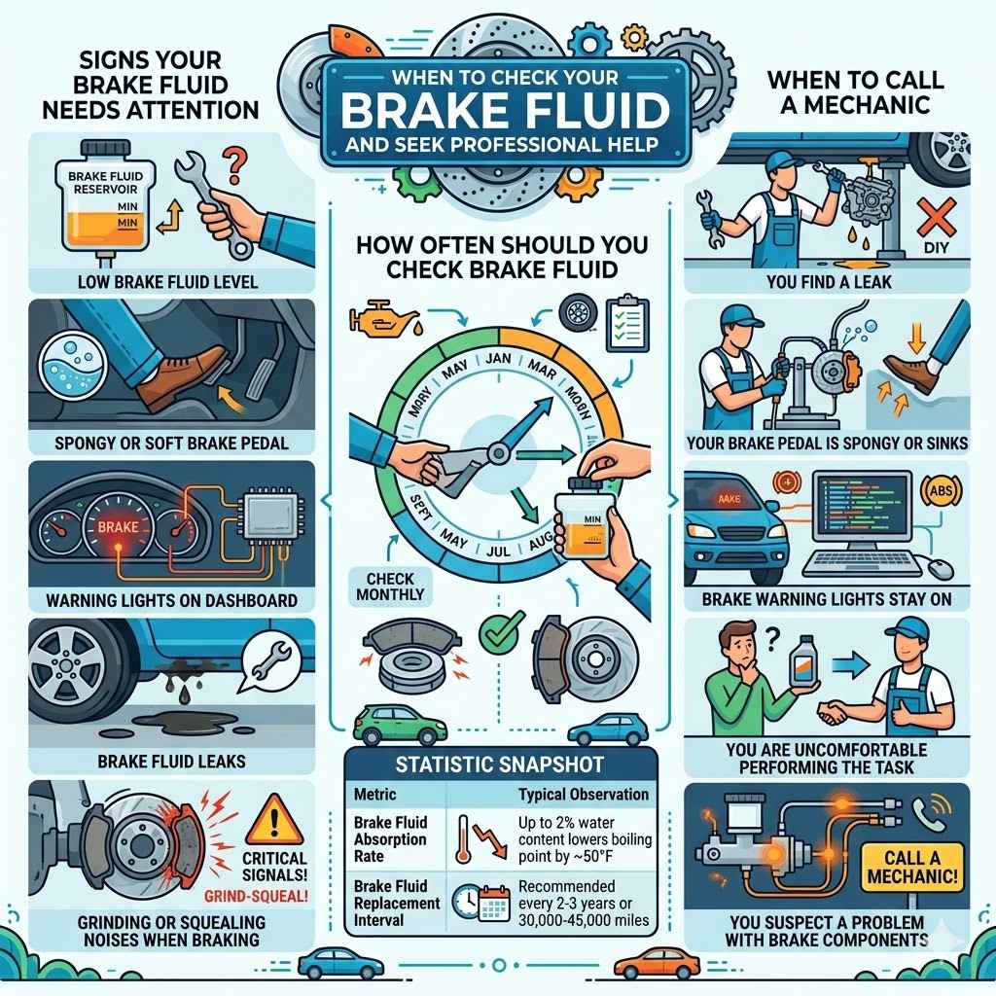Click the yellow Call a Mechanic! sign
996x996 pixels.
pyautogui.click(x=908, y=867)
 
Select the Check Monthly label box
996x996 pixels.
pyautogui.click(x=384, y=585)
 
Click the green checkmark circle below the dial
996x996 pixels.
pyautogui.click(x=495, y=634)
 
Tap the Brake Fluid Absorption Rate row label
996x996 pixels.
pyautogui.click(x=389, y=839)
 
